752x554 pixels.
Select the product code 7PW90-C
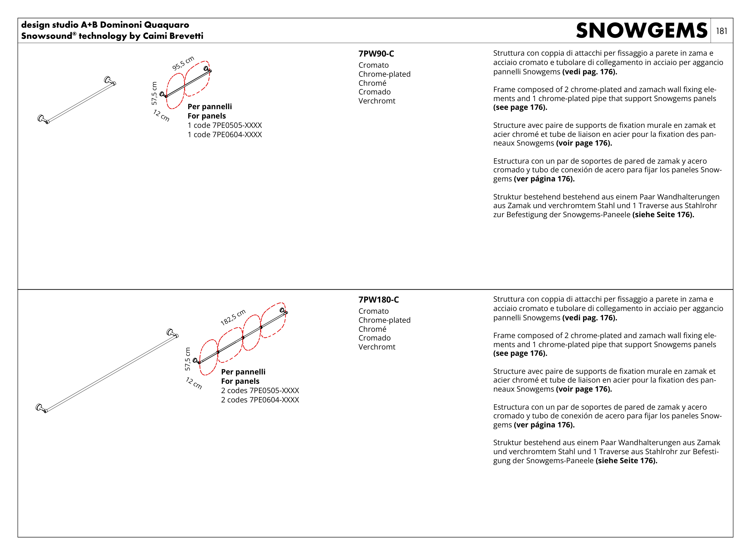click(x=376, y=54)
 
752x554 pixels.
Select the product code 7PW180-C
click(x=378, y=300)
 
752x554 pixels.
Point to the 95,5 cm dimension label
click(x=183, y=63)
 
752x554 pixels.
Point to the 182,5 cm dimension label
click(x=233, y=317)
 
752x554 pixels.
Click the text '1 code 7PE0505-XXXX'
click(x=224, y=125)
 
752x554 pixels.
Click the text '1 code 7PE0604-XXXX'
click(x=224, y=135)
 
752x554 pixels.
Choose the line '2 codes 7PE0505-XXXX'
click(x=260, y=390)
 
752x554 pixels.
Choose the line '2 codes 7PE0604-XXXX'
click(x=260, y=400)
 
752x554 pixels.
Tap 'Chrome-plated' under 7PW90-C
click(x=384, y=74)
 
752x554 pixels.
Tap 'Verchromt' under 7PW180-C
click(x=376, y=347)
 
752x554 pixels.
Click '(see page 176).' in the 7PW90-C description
click(x=520, y=107)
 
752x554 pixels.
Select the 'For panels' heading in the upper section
click(x=206, y=116)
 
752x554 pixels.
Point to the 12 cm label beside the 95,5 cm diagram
click(x=161, y=115)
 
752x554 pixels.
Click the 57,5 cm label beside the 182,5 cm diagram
click(x=187, y=359)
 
